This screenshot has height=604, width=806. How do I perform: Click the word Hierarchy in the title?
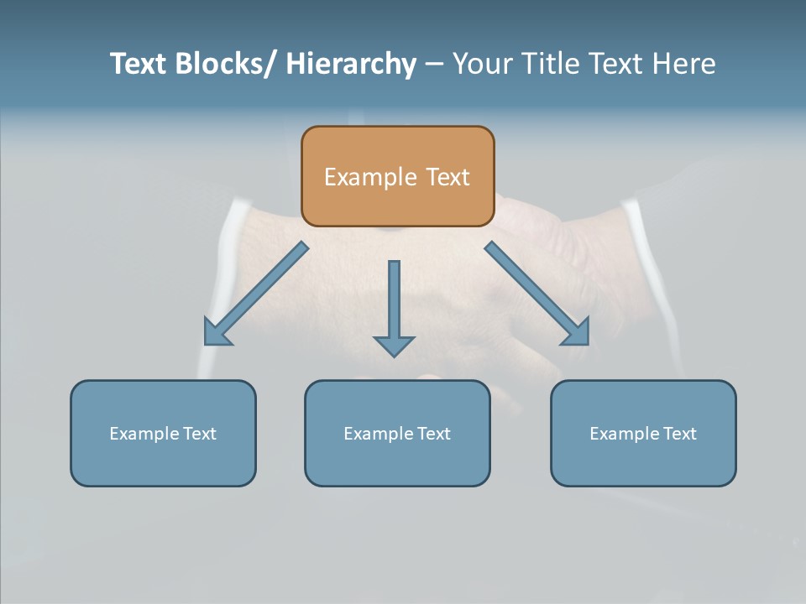[351, 64]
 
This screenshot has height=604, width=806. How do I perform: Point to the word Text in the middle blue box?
[434, 434]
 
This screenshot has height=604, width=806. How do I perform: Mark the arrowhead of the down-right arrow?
[578, 333]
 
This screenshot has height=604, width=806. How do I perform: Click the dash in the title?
[434, 64]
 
